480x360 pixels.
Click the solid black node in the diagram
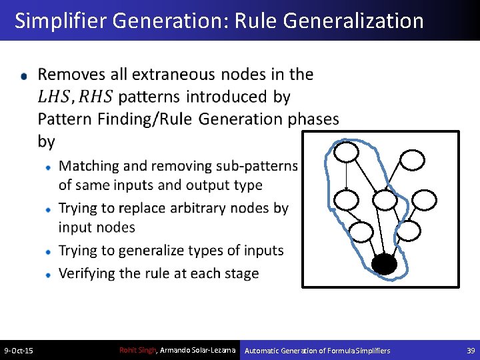pyautogui.click(x=384, y=265)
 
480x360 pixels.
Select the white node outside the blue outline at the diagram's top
pyautogui.click(x=411, y=159)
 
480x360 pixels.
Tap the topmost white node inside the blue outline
pyautogui.click(x=347, y=153)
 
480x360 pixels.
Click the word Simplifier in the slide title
pyautogui.click(x=61, y=21)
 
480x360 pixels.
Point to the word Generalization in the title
pyautogui.click(x=353, y=21)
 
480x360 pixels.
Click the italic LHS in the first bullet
pyautogui.click(x=53, y=97)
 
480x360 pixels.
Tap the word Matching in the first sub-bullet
pyautogui.click(x=88, y=165)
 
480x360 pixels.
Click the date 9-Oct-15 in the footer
pyautogui.click(x=19, y=351)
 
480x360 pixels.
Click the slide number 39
pyautogui.click(x=470, y=351)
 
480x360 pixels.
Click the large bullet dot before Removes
pyautogui.click(x=25, y=77)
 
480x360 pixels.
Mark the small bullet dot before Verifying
pyautogui.click(x=49, y=275)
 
